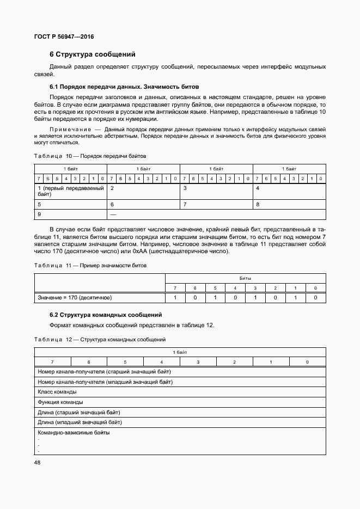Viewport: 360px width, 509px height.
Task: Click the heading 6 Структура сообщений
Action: tap(92, 54)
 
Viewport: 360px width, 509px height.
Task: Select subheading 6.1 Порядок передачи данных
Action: tap(124, 87)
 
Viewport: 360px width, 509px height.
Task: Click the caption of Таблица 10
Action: tap(90, 156)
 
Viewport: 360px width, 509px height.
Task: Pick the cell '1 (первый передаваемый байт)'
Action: tap(70, 191)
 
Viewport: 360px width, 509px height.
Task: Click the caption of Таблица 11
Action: tap(90, 265)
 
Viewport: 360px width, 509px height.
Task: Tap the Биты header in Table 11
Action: tap(245, 278)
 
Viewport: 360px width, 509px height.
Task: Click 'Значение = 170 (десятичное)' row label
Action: tap(75, 298)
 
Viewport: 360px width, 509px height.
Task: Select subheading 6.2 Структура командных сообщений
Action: tap(106, 315)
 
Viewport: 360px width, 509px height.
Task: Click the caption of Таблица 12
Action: tap(100, 340)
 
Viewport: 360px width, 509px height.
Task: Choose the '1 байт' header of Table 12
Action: tap(180, 352)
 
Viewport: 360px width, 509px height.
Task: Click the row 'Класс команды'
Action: tap(57, 392)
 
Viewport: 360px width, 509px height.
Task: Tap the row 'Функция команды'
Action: tap(60, 402)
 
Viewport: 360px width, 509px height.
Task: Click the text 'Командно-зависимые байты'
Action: tap(74, 433)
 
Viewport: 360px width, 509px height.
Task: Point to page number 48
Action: tap(38, 462)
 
